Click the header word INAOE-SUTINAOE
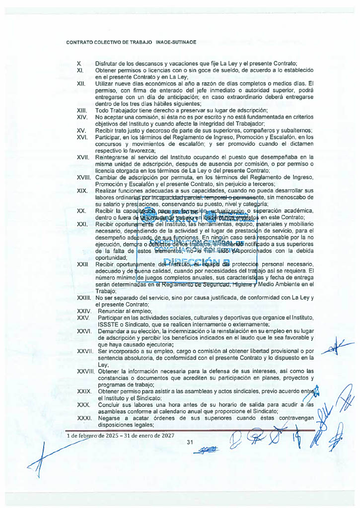(175, 42)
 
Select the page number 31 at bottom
(189, 442)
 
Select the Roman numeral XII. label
(82, 83)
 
